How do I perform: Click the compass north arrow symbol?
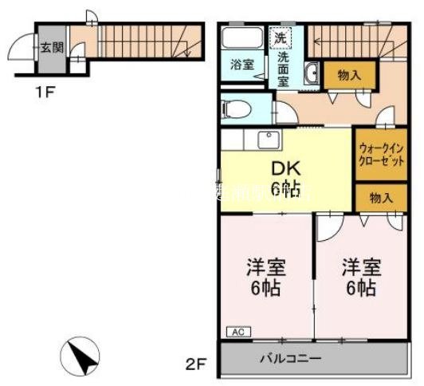point(82,353)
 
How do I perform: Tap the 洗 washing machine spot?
point(281,37)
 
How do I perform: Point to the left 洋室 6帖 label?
point(265,277)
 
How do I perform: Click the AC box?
point(238,330)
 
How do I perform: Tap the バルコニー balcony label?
point(289,358)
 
